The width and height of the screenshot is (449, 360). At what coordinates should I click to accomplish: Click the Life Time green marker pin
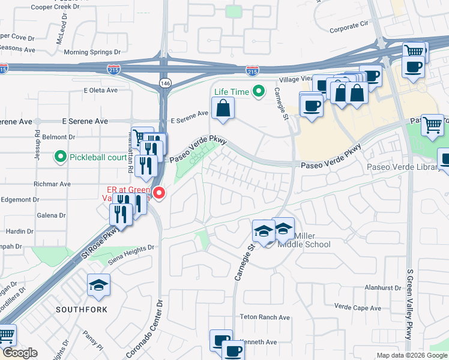(259, 91)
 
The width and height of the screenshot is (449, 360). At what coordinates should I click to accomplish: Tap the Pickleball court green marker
(61, 157)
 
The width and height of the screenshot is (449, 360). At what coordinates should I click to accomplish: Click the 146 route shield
(164, 82)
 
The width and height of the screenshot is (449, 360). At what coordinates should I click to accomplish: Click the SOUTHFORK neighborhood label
(82, 310)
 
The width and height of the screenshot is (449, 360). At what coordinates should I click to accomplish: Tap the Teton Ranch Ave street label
(265, 317)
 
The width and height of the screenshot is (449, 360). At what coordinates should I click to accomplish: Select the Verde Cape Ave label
(358, 308)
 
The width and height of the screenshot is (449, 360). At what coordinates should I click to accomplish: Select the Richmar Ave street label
(52, 184)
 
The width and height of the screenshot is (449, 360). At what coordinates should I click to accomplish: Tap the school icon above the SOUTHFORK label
(98, 286)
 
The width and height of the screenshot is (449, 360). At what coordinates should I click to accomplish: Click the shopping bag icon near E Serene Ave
(223, 109)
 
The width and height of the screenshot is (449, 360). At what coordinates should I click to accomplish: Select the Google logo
(20, 353)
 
